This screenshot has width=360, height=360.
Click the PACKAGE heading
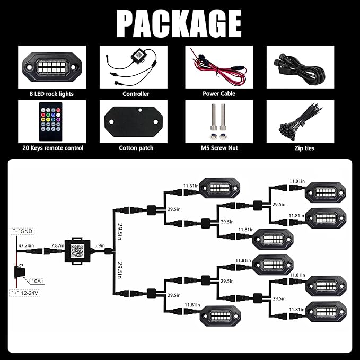(x=179, y=23)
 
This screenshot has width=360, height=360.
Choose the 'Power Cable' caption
(x=219, y=94)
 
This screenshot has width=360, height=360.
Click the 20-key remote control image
(x=47, y=121)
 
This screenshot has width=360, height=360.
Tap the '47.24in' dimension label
(x=26, y=246)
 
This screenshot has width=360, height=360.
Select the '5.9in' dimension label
(x=99, y=246)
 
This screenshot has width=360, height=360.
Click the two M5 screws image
(x=219, y=121)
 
